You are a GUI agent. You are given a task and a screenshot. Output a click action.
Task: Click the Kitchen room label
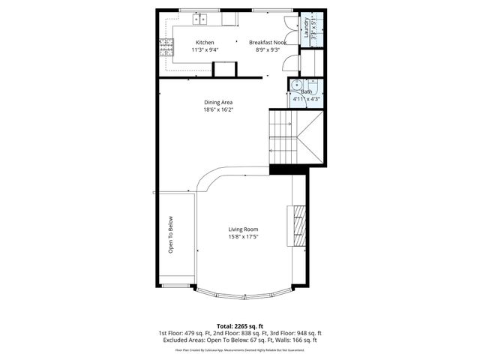(205, 43)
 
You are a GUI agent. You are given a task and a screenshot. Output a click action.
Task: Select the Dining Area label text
(219, 102)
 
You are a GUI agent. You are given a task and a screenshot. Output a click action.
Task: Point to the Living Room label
(244, 229)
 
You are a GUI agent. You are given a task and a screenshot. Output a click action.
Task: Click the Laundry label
(306, 27)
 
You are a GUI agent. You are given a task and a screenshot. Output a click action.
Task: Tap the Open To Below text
(171, 235)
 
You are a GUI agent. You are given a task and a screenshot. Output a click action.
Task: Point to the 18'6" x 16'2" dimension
(219, 110)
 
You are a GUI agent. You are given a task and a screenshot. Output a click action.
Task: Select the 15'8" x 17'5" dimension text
(244, 238)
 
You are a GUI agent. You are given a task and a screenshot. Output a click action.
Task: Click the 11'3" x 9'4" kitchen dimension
(205, 51)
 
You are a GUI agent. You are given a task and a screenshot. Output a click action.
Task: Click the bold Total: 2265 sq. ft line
(241, 325)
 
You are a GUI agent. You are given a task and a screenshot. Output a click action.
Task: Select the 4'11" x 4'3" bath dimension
(307, 98)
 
